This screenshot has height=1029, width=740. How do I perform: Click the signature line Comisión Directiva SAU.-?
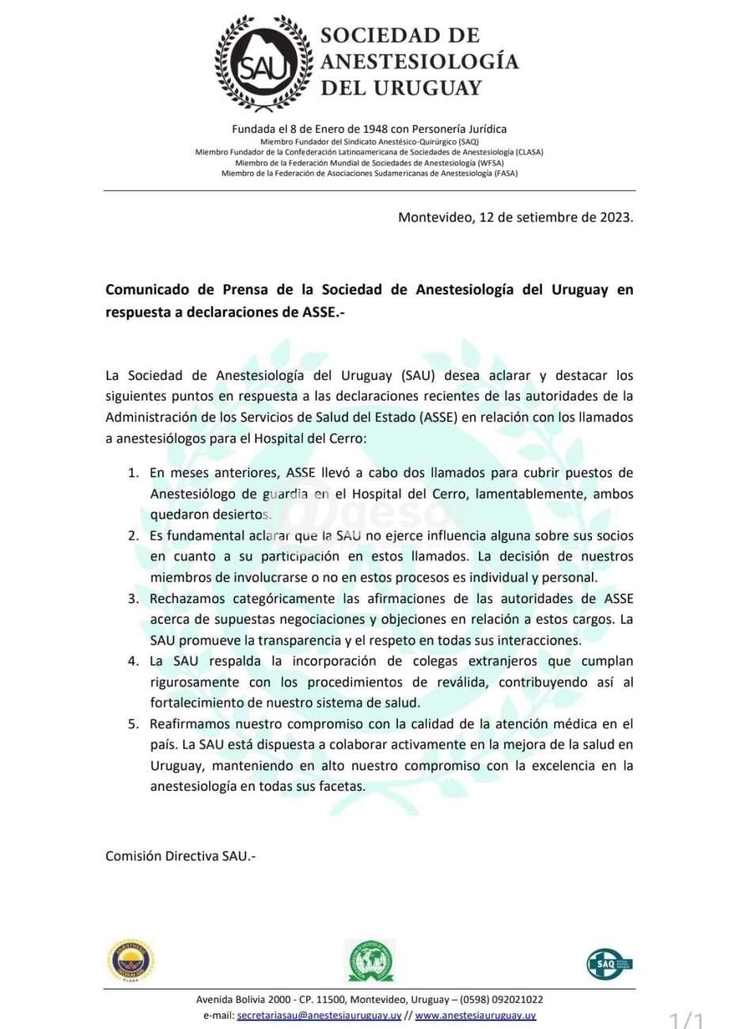[181, 856]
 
